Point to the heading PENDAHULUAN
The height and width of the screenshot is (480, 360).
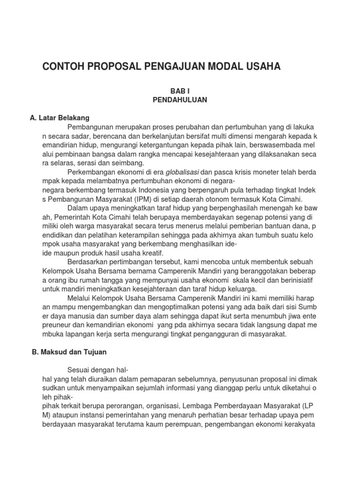coord(180,99)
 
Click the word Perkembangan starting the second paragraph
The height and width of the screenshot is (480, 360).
coord(92,172)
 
